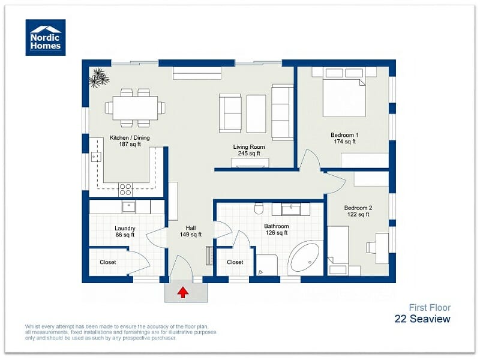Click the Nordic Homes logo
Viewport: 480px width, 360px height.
46,37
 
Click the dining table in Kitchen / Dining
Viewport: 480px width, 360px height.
135,108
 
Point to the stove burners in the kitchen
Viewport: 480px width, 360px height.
125,190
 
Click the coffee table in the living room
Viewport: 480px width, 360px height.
256,113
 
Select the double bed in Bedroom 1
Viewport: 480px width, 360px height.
344,93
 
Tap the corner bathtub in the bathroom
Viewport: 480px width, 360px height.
306,259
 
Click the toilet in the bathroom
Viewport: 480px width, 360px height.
259,209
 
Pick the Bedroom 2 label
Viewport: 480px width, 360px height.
358,211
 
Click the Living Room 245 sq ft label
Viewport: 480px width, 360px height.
249,150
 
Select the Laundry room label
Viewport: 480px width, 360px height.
125,232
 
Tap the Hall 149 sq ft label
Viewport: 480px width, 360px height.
191,232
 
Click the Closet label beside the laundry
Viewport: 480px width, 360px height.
107,262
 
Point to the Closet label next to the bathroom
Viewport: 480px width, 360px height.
235,262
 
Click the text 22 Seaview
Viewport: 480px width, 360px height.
422,319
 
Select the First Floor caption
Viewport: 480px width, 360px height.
430,307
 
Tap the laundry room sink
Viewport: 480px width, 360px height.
128,207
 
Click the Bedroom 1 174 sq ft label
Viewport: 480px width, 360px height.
344,139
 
